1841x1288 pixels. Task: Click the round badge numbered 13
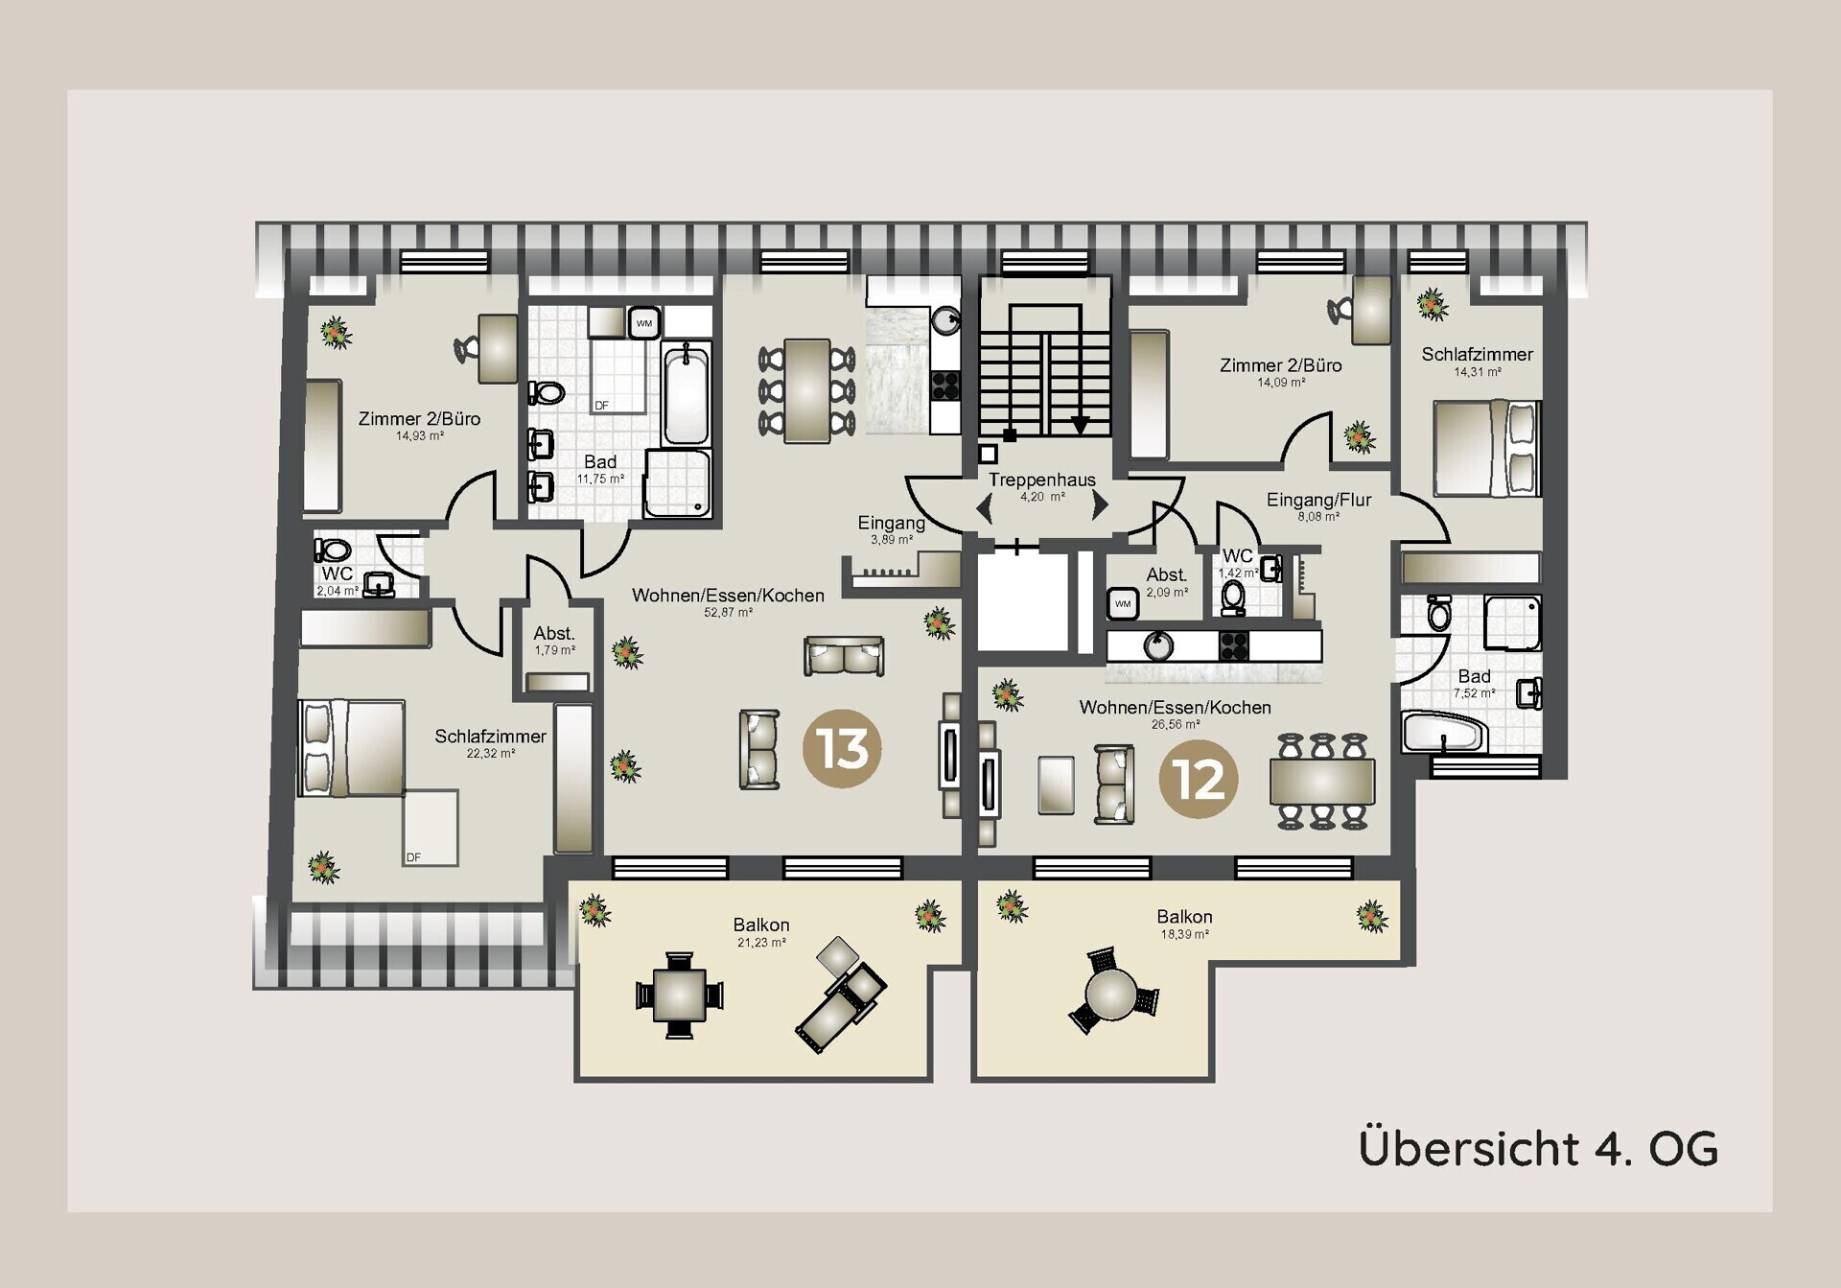point(842,749)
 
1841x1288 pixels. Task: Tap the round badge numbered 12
point(1199,779)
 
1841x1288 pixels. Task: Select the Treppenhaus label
point(1042,480)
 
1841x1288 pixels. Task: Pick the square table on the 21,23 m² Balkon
point(679,995)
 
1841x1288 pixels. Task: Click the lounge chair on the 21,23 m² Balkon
point(840,995)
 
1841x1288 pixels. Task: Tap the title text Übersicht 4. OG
point(1538,1148)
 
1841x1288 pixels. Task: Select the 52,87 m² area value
point(728,612)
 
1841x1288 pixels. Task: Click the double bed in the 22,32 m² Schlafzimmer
point(351,748)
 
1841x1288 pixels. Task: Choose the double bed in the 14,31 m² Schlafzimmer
point(1487,448)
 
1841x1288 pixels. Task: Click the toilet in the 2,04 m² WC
point(332,550)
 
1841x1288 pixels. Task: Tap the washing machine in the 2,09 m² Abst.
point(1123,603)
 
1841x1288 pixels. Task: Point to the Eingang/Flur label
point(1318,500)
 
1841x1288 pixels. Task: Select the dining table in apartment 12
point(1322,781)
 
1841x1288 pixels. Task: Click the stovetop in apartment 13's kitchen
point(945,385)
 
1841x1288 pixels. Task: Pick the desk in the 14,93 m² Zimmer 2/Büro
point(498,348)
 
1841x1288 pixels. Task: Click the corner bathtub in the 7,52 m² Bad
point(1443,732)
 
